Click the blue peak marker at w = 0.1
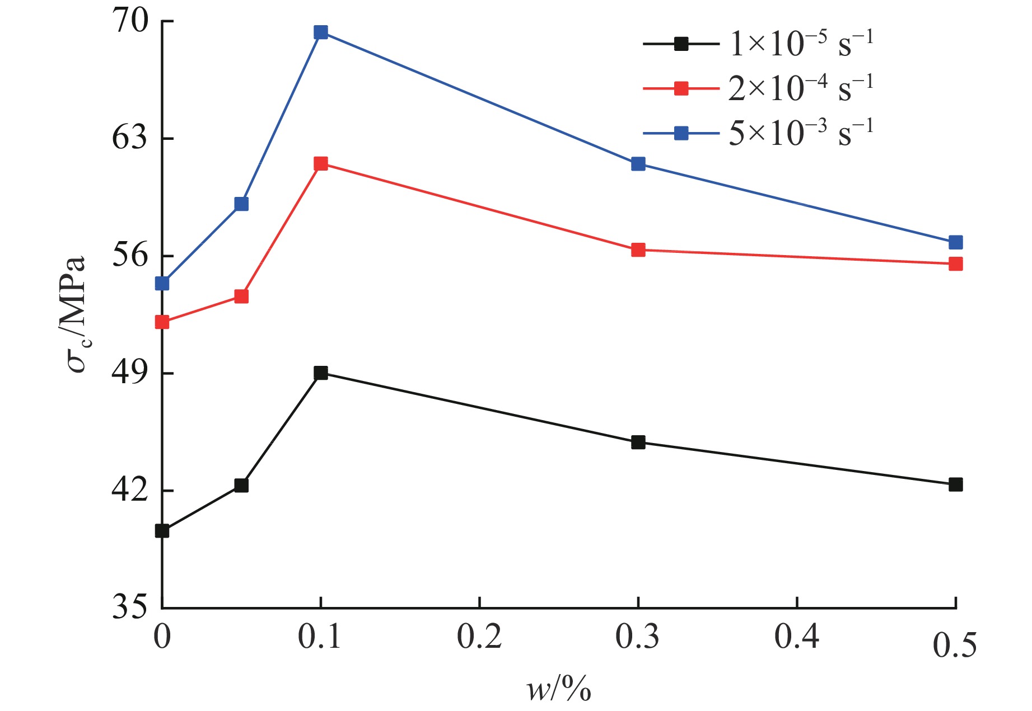[321, 32]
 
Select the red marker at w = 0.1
[321, 163]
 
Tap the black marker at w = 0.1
[321, 373]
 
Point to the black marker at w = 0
[162, 531]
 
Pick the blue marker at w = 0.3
[638, 164]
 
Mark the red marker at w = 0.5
[956, 263]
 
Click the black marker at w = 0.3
[638, 442]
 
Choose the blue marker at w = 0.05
[241, 204]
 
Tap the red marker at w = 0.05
[241, 296]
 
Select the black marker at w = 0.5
[956, 484]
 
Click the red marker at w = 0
[162, 322]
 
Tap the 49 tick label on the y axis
[130, 373]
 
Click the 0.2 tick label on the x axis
[479, 637]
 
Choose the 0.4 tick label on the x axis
[797, 637]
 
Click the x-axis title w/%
[559, 689]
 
